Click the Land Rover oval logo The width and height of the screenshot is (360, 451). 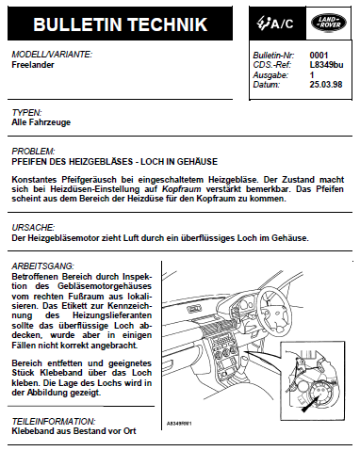pos(329,23)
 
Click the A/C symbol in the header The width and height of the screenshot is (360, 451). pos(275,23)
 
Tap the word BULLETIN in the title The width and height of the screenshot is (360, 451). pos(77,24)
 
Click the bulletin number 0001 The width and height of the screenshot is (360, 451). pos(319,56)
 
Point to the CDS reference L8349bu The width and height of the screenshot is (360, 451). pos(326,65)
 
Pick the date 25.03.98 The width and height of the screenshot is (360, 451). pos(326,85)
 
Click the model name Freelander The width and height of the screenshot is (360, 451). pos(33,65)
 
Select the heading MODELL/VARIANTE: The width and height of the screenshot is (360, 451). pos(52,55)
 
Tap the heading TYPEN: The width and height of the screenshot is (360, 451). pos(26,112)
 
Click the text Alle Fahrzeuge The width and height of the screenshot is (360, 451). pos(41,122)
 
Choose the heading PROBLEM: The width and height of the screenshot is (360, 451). pos(33,152)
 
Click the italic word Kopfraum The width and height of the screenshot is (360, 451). pos(181,189)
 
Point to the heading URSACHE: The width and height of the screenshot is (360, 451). pos(33,227)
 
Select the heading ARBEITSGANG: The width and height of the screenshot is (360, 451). pos(43,266)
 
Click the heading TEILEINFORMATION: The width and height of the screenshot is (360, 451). pos(54,421)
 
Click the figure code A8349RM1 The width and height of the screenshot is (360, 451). pos(179,424)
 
